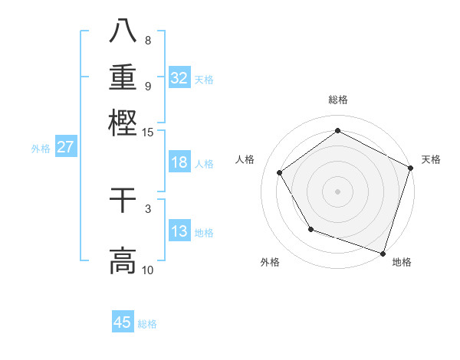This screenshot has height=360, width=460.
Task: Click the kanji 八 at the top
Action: coord(123,31)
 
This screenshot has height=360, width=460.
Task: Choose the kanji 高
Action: coord(123,260)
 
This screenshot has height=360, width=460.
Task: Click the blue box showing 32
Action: coord(179,77)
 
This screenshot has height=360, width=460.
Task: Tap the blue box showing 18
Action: coord(179,162)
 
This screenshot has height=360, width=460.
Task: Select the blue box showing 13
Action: coord(179,231)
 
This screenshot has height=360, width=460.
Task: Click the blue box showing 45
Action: coord(123,322)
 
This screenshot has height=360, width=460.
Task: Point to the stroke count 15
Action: coord(148,133)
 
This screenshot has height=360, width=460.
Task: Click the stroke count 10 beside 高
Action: coord(148,270)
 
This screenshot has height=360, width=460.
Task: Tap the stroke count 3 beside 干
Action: coord(148,208)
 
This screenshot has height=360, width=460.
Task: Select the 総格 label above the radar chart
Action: coord(337,100)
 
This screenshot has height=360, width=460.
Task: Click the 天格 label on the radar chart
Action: coord(431,159)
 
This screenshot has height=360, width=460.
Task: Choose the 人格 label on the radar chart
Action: coord(245,159)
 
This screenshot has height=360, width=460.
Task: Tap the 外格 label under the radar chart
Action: coord(270,262)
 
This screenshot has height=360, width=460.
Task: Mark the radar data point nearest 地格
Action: coord(383,253)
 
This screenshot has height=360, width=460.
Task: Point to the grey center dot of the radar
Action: coord(337,191)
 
